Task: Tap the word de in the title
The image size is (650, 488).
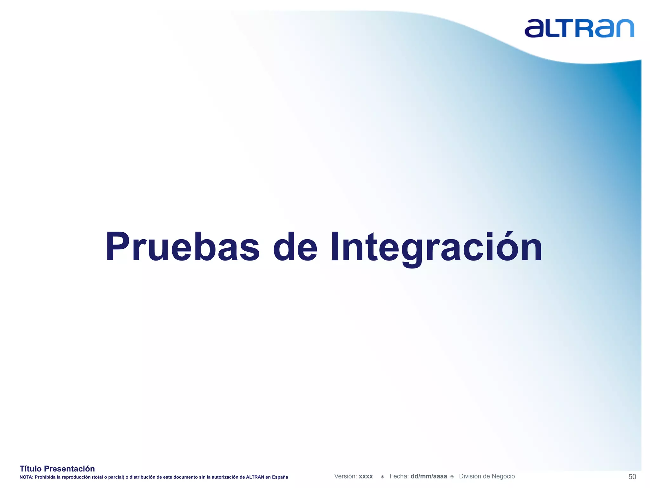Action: click(x=295, y=247)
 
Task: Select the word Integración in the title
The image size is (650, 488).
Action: click(x=436, y=247)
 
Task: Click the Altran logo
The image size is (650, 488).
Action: click(x=579, y=29)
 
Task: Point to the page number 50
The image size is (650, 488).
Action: click(x=632, y=477)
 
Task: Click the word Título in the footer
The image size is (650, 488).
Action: click(x=30, y=469)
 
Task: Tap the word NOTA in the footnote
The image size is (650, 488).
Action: click(x=26, y=477)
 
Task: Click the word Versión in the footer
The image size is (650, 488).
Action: click(x=345, y=476)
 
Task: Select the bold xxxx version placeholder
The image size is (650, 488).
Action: click(x=366, y=477)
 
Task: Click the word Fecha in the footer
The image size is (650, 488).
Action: click(x=399, y=476)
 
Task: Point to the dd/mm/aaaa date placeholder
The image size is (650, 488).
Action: click(x=428, y=476)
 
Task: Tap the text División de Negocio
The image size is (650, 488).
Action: click(x=487, y=476)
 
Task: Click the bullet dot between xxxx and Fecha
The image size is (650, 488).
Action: click(x=382, y=477)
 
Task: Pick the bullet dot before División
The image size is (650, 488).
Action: click(x=452, y=477)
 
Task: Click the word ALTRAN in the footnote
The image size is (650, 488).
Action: click(x=255, y=477)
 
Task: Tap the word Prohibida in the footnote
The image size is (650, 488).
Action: click(x=45, y=477)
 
